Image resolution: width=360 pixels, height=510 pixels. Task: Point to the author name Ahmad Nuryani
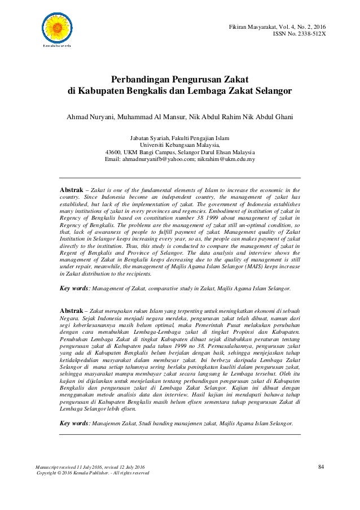90,116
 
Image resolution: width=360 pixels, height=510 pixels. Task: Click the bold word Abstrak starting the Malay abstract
73,311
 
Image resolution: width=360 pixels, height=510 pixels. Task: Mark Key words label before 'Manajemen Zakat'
74,423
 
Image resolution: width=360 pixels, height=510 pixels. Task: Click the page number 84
322,467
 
